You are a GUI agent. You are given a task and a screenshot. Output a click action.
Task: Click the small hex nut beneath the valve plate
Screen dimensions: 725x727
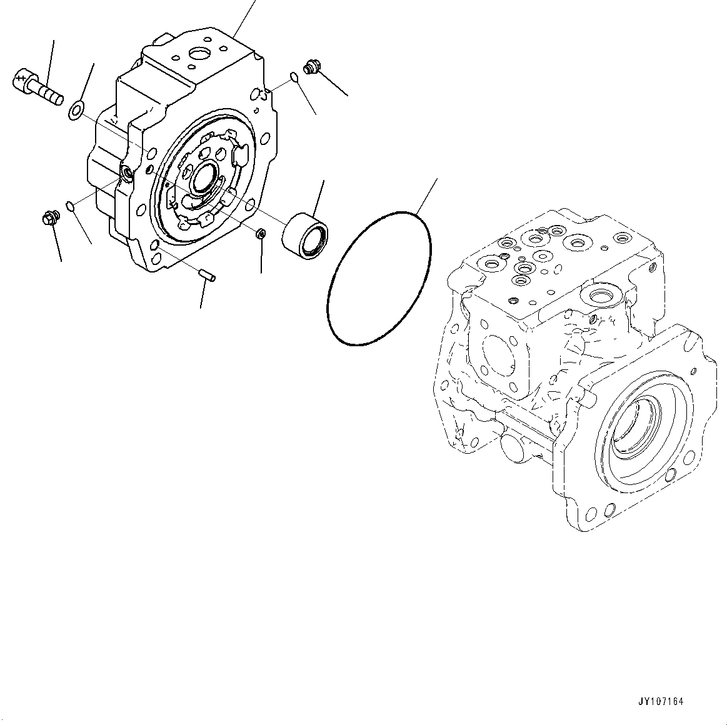(x=262, y=233)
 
